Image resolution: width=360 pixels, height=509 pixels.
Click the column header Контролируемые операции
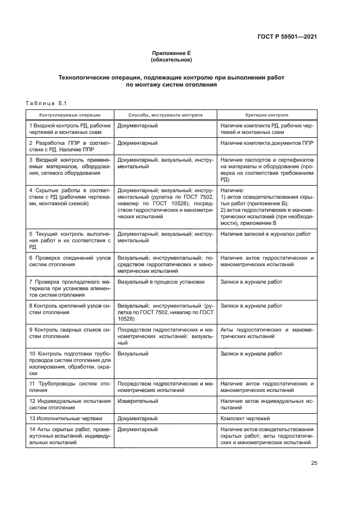[69, 115]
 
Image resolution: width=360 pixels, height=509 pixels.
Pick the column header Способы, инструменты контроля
[165, 115]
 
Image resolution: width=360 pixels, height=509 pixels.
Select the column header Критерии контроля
[267, 115]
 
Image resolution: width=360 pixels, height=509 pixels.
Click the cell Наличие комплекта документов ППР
[267, 143]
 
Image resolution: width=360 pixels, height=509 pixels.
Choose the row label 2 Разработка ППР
[69, 146]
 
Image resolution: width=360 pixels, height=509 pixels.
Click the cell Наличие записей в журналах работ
[266, 234]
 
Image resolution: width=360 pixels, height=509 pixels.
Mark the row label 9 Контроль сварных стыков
[69, 333]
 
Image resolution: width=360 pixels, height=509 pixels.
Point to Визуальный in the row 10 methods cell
[133, 354]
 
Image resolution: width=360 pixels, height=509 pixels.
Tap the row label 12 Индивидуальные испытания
[69, 404]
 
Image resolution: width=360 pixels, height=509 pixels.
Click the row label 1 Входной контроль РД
[69, 129]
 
